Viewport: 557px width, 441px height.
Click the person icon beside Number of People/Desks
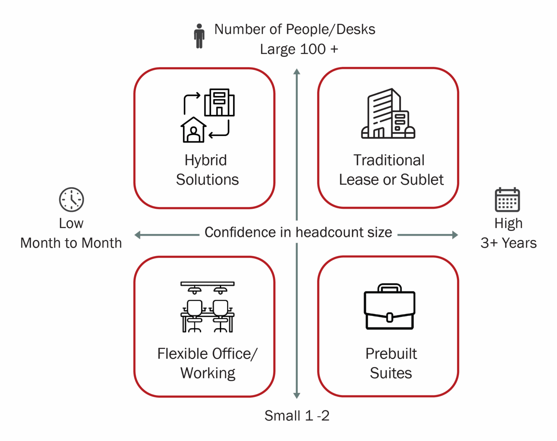(x=199, y=36)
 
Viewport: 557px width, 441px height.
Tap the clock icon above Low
(x=71, y=199)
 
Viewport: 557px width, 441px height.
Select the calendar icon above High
(x=507, y=199)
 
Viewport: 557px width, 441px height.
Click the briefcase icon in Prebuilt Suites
(x=389, y=307)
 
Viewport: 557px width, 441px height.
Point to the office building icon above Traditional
(x=388, y=113)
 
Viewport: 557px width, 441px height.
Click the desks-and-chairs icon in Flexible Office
(x=207, y=307)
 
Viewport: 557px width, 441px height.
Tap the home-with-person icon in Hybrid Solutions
(x=193, y=130)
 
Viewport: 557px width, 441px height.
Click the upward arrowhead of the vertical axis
(x=297, y=71)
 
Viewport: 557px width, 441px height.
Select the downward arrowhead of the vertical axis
(x=297, y=395)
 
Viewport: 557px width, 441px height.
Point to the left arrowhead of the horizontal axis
(x=137, y=235)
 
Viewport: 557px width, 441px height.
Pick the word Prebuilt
(x=391, y=354)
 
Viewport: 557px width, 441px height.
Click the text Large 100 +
(x=299, y=49)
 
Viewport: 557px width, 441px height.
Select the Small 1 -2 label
(x=297, y=416)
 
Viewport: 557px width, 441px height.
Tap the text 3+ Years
(x=509, y=243)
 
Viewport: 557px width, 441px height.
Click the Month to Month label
(x=71, y=243)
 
